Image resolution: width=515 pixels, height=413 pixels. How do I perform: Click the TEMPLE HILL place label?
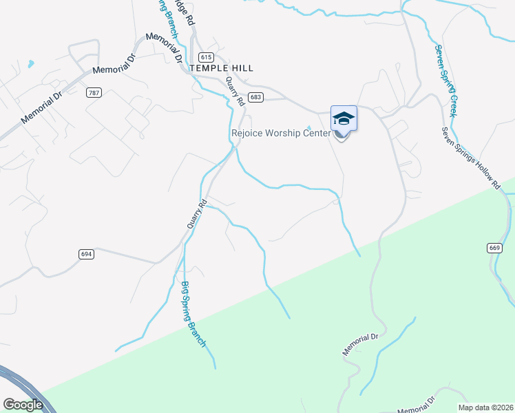221,68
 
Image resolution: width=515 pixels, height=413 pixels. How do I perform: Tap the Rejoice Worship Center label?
280,133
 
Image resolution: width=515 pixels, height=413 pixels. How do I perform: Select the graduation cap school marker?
344,120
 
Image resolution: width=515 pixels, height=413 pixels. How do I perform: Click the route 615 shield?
206,56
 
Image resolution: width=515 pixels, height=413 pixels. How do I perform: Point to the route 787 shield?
94,92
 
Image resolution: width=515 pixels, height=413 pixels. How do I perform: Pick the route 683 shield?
256,97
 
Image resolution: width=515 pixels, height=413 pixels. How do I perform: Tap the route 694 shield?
86,254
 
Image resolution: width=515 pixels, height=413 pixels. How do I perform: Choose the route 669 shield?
494,247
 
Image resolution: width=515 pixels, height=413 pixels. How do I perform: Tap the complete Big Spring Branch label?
194,314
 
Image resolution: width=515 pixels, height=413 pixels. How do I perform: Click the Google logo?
23,405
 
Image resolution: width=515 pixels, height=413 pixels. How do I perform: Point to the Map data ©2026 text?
486,407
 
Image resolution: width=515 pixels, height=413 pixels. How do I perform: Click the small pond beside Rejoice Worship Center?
309,127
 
